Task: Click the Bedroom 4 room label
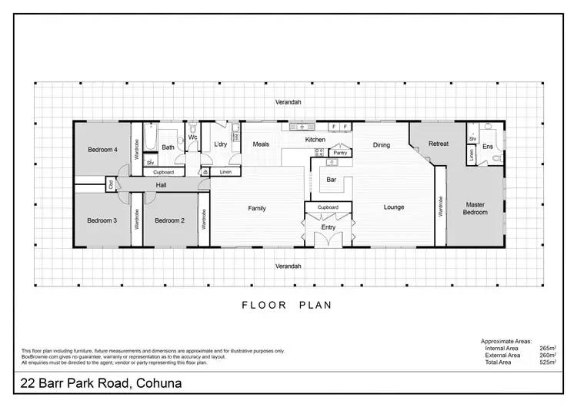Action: click(x=102, y=150)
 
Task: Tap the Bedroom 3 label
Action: click(x=102, y=220)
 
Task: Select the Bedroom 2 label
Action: click(x=169, y=220)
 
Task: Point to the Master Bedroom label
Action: click(x=475, y=208)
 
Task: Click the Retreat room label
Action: click(x=439, y=144)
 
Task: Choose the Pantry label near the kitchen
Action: click(x=340, y=153)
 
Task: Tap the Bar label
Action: click(x=332, y=180)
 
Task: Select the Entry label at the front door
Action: click(x=329, y=227)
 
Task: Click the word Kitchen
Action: click(x=315, y=140)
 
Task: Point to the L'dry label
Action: click(x=220, y=144)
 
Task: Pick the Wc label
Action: click(x=192, y=137)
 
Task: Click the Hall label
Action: click(x=161, y=185)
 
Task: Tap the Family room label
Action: click(x=256, y=208)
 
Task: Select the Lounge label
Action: click(x=394, y=207)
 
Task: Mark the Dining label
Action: click(x=382, y=144)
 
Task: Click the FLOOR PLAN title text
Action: click(x=287, y=305)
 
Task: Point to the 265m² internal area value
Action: click(x=549, y=348)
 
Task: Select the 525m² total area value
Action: click(x=549, y=362)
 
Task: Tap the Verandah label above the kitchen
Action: click(x=289, y=101)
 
